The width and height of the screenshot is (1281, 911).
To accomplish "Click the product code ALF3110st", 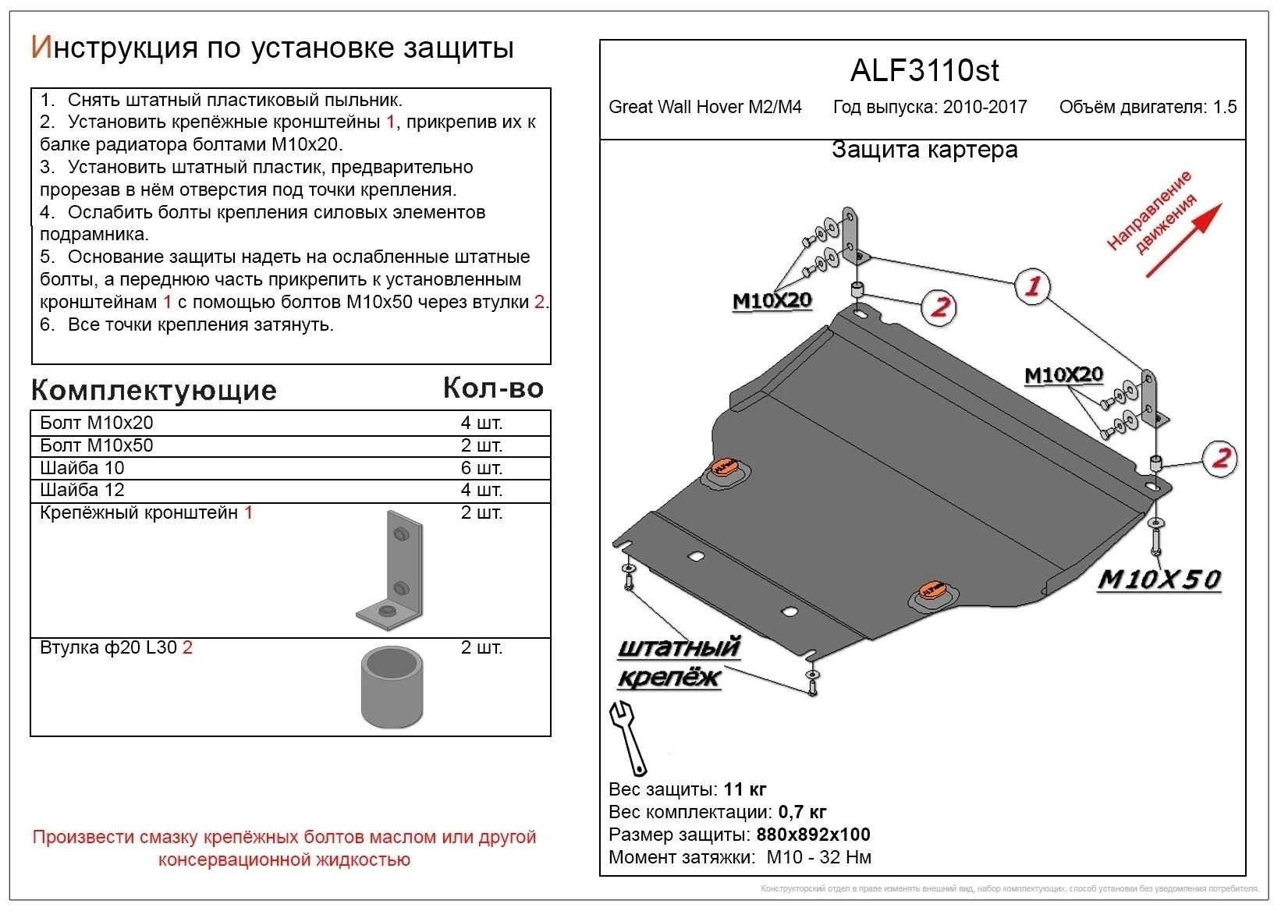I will click(924, 71).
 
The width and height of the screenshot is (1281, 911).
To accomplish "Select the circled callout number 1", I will click(1031, 286).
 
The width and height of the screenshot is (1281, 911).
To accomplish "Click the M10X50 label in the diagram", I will click(1159, 580).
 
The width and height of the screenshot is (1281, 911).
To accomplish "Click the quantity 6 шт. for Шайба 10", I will click(481, 468).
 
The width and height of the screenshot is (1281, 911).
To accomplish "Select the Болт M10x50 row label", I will click(97, 445).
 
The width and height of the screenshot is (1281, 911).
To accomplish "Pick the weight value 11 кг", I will click(745, 789).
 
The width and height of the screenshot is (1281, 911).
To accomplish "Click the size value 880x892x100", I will click(813, 835).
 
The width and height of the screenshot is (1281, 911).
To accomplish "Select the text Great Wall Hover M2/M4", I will click(704, 108).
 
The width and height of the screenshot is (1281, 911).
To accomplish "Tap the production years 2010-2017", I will click(985, 108).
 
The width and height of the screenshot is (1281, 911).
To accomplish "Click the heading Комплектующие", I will click(154, 391).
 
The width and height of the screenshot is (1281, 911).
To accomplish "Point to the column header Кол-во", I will click(492, 388).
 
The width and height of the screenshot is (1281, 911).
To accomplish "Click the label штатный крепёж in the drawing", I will click(676, 662).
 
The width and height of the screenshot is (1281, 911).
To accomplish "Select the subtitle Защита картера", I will click(924, 150).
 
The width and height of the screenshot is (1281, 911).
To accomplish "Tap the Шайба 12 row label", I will click(82, 490).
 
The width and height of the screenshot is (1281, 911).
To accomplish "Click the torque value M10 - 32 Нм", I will click(818, 857).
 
